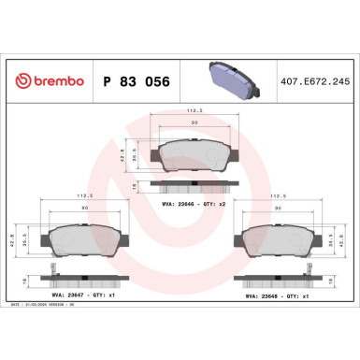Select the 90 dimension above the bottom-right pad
pos(278,209)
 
